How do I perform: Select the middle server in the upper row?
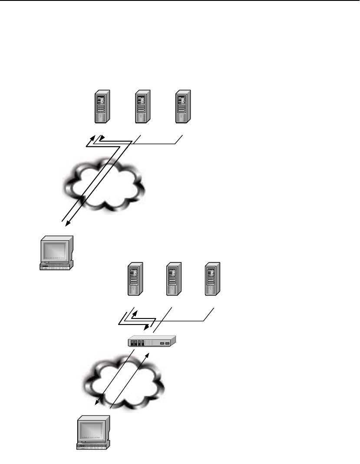tap(142, 106)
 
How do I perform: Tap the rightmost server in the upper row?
tap(182, 106)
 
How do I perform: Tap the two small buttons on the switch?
tap(165, 343)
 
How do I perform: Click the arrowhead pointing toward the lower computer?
tap(97, 404)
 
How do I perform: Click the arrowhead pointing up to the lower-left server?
tap(135, 312)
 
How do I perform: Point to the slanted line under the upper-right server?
tap(179, 139)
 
